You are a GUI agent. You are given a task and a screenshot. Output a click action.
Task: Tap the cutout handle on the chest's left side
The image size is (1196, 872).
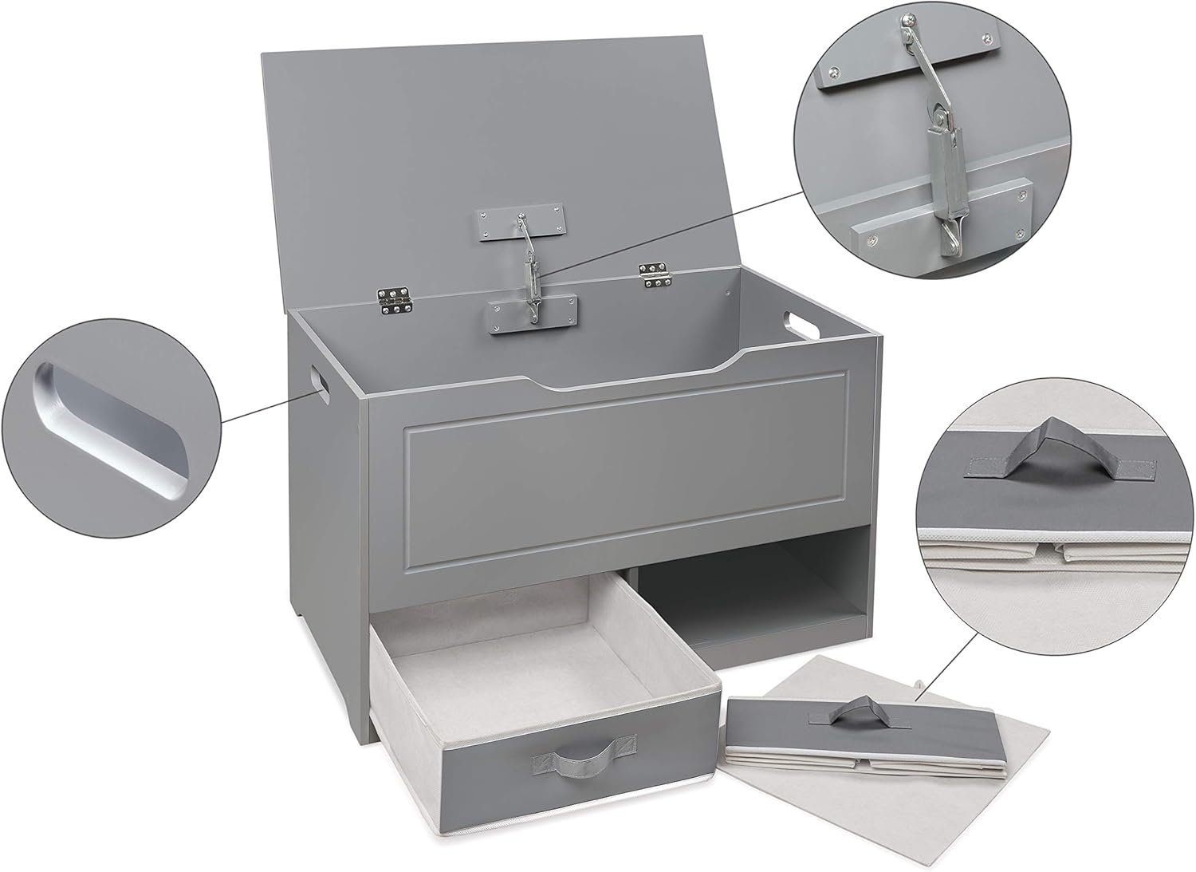(x=317, y=379)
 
